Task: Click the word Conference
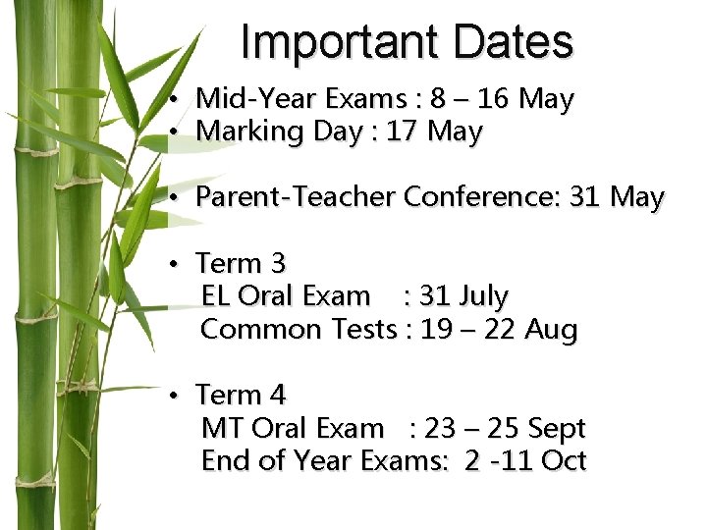[x=481, y=197]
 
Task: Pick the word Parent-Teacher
[x=295, y=197]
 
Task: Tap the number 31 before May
[x=584, y=197]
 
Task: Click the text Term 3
[x=241, y=263]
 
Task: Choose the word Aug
[x=551, y=329]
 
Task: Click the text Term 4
[x=241, y=395]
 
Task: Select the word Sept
[x=556, y=428]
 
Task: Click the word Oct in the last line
[x=564, y=460]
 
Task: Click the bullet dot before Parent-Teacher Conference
[x=171, y=198]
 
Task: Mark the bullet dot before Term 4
[x=171, y=396]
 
